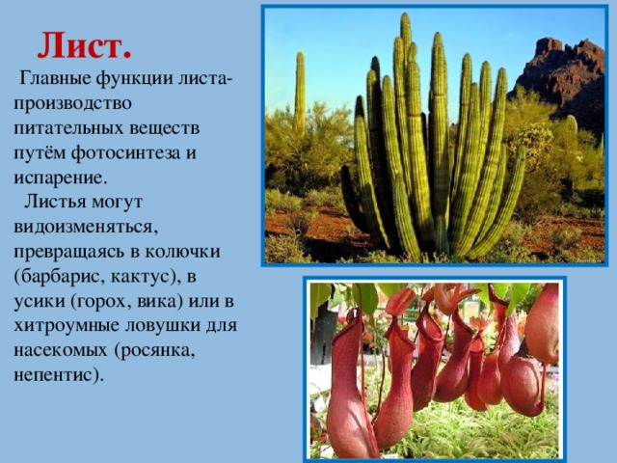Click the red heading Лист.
84,45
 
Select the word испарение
61,177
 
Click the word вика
160,301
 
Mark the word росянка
154,351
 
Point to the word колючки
182,252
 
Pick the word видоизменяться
86,228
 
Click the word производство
72,103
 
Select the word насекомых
61,351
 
